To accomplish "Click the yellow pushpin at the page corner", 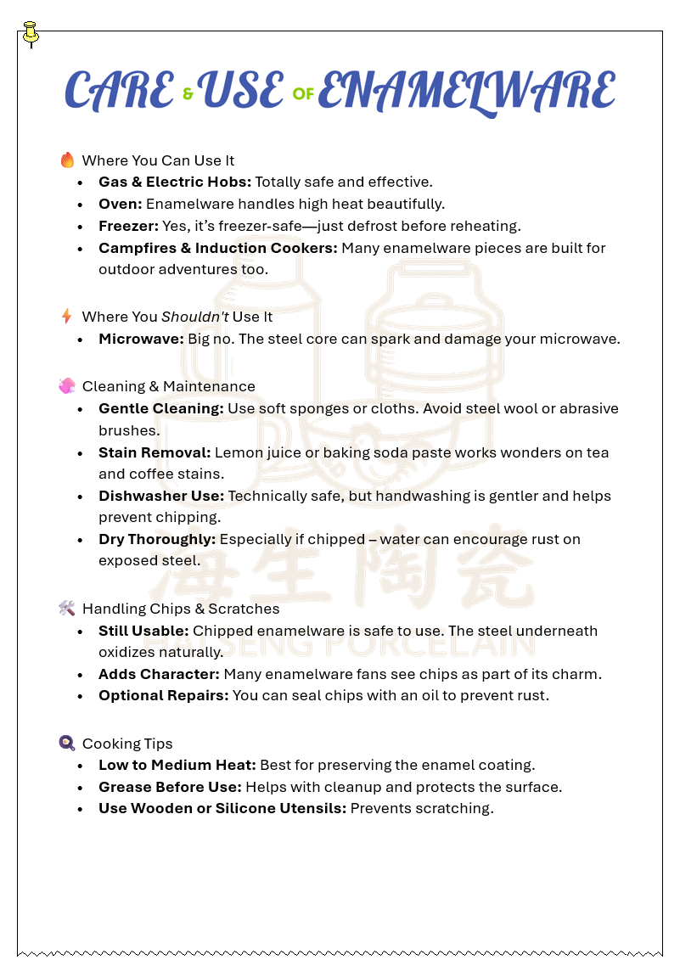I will (x=31, y=33).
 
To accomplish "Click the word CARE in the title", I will (x=119, y=91).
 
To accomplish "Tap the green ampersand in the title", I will (x=188, y=94).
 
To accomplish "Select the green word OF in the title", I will (x=303, y=94).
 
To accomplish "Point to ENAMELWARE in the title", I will (x=465, y=91).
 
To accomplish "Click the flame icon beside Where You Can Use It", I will (x=67, y=160).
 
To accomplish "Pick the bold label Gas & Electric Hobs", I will (x=175, y=182).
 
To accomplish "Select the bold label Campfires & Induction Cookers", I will (x=217, y=248).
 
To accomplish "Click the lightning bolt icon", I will (x=67, y=317).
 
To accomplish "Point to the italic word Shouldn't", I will (x=195, y=317).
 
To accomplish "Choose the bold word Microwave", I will (x=139, y=339).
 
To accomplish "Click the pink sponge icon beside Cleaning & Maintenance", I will (x=67, y=386).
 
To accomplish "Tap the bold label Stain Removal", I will (x=155, y=452).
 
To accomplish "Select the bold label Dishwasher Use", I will (x=161, y=496).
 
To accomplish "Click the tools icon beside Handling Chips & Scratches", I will (x=67, y=609).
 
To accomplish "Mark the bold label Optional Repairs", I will (x=161, y=695).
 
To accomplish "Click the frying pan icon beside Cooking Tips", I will (x=67, y=744).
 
